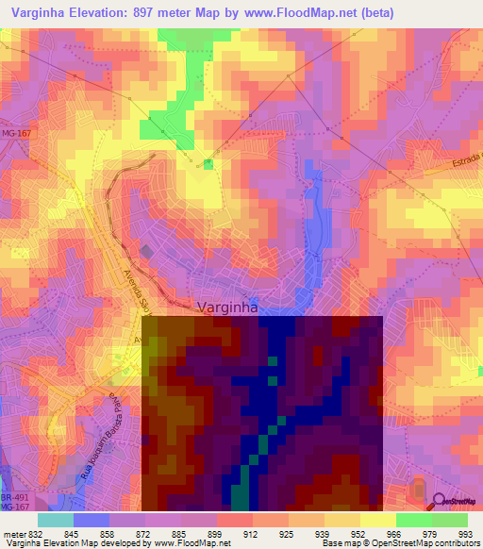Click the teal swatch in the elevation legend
coord(56,519)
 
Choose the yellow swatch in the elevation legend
coord(378,519)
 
